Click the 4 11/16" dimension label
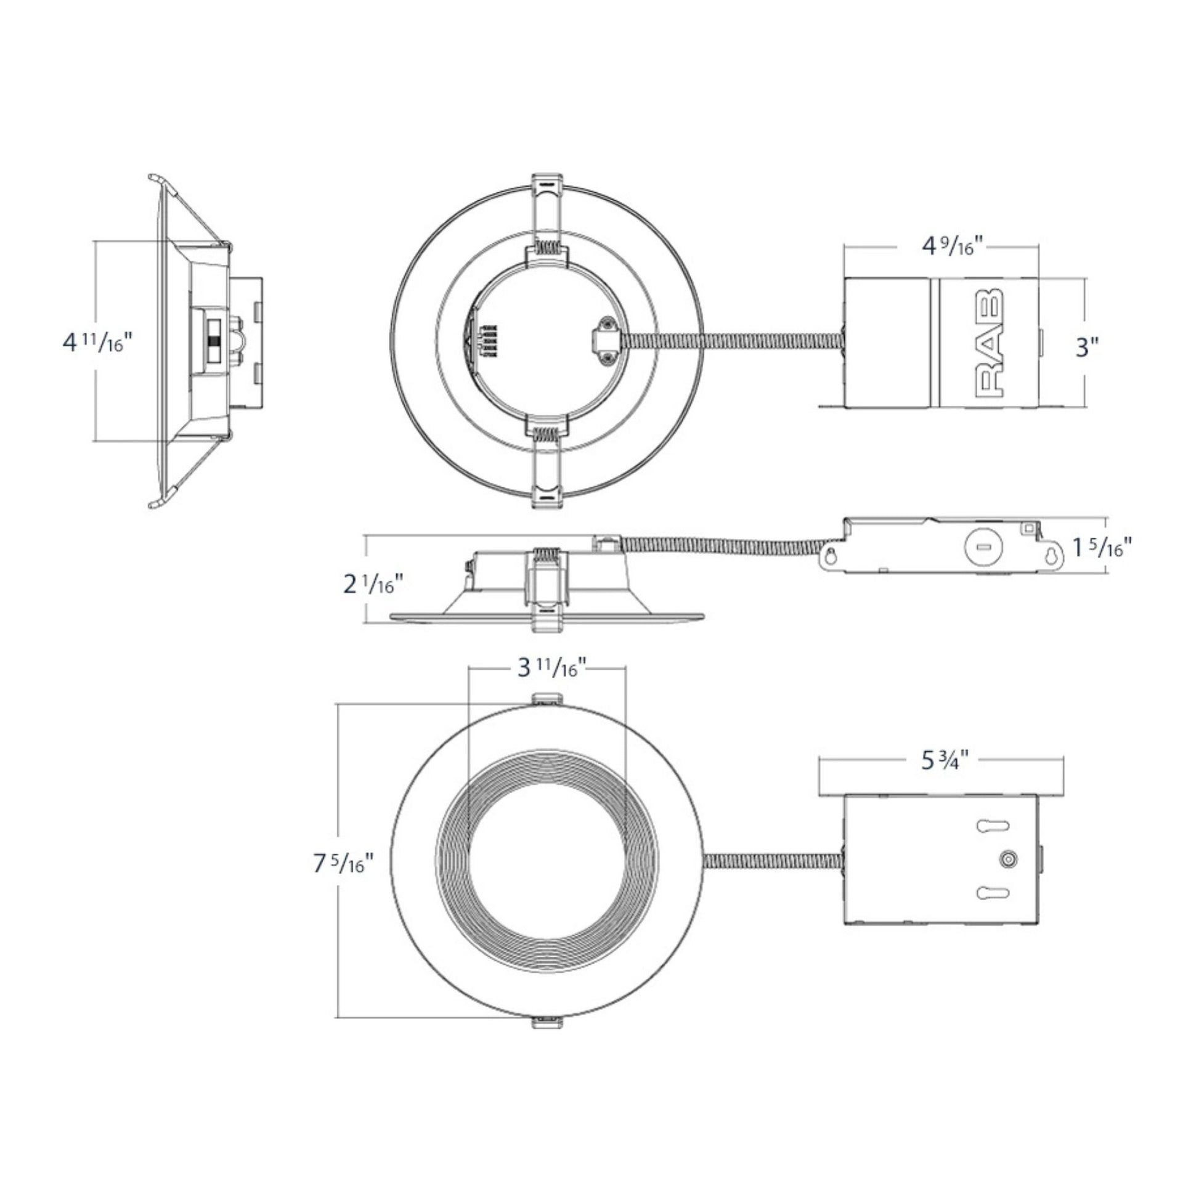coord(98,342)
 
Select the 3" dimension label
coord(1084,347)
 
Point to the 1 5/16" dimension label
coord(1103,547)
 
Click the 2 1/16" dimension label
coord(374,584)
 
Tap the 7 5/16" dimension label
coord(344,863)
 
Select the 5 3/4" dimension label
coord(945,760)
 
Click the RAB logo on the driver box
coord(990,341)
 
